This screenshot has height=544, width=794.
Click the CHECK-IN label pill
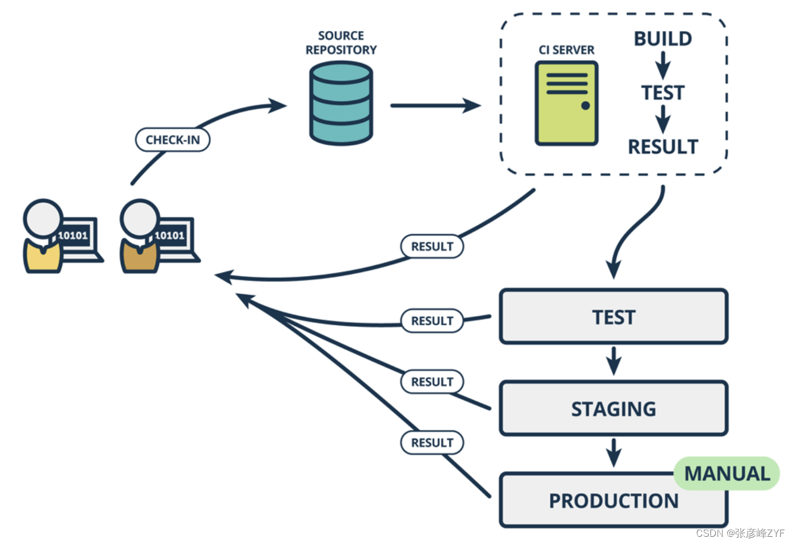pyautogui.click(x=173, y=140)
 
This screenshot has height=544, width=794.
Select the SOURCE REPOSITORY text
pyautogui.click(x=341, y=43)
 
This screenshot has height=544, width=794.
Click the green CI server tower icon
pyautogui.click(x=566, y=103)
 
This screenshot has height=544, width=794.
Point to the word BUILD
pyautogui.click(x=663, y=39)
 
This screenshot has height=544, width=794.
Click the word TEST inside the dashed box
pyautogui.click(x=663, y=93)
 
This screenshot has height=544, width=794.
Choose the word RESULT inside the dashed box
pyautogui.click(x=663, y=146)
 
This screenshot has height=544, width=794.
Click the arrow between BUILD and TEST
pyautogui.click(x=663, y=65)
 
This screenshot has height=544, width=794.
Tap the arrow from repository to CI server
pyautogui.click(x=435, y=106)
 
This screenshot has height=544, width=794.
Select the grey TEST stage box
pyautogui.click(x=613, y=317)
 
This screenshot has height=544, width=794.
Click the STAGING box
pyautogui.click(x=613, y=408)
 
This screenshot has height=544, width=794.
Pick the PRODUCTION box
pyautogui.click(x=613, y=501)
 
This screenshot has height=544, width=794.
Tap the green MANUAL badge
pyautogui.click(x=727, y=473)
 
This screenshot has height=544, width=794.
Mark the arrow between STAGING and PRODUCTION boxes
pyautogui.click(x=613, y=453)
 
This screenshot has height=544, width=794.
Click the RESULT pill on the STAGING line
pyautogui.click(x=432, y=381)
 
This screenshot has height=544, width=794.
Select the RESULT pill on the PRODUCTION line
pyautogui.click(x=432, y=442)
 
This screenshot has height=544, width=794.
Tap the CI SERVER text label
pyautogui.click(x=567, y=50)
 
